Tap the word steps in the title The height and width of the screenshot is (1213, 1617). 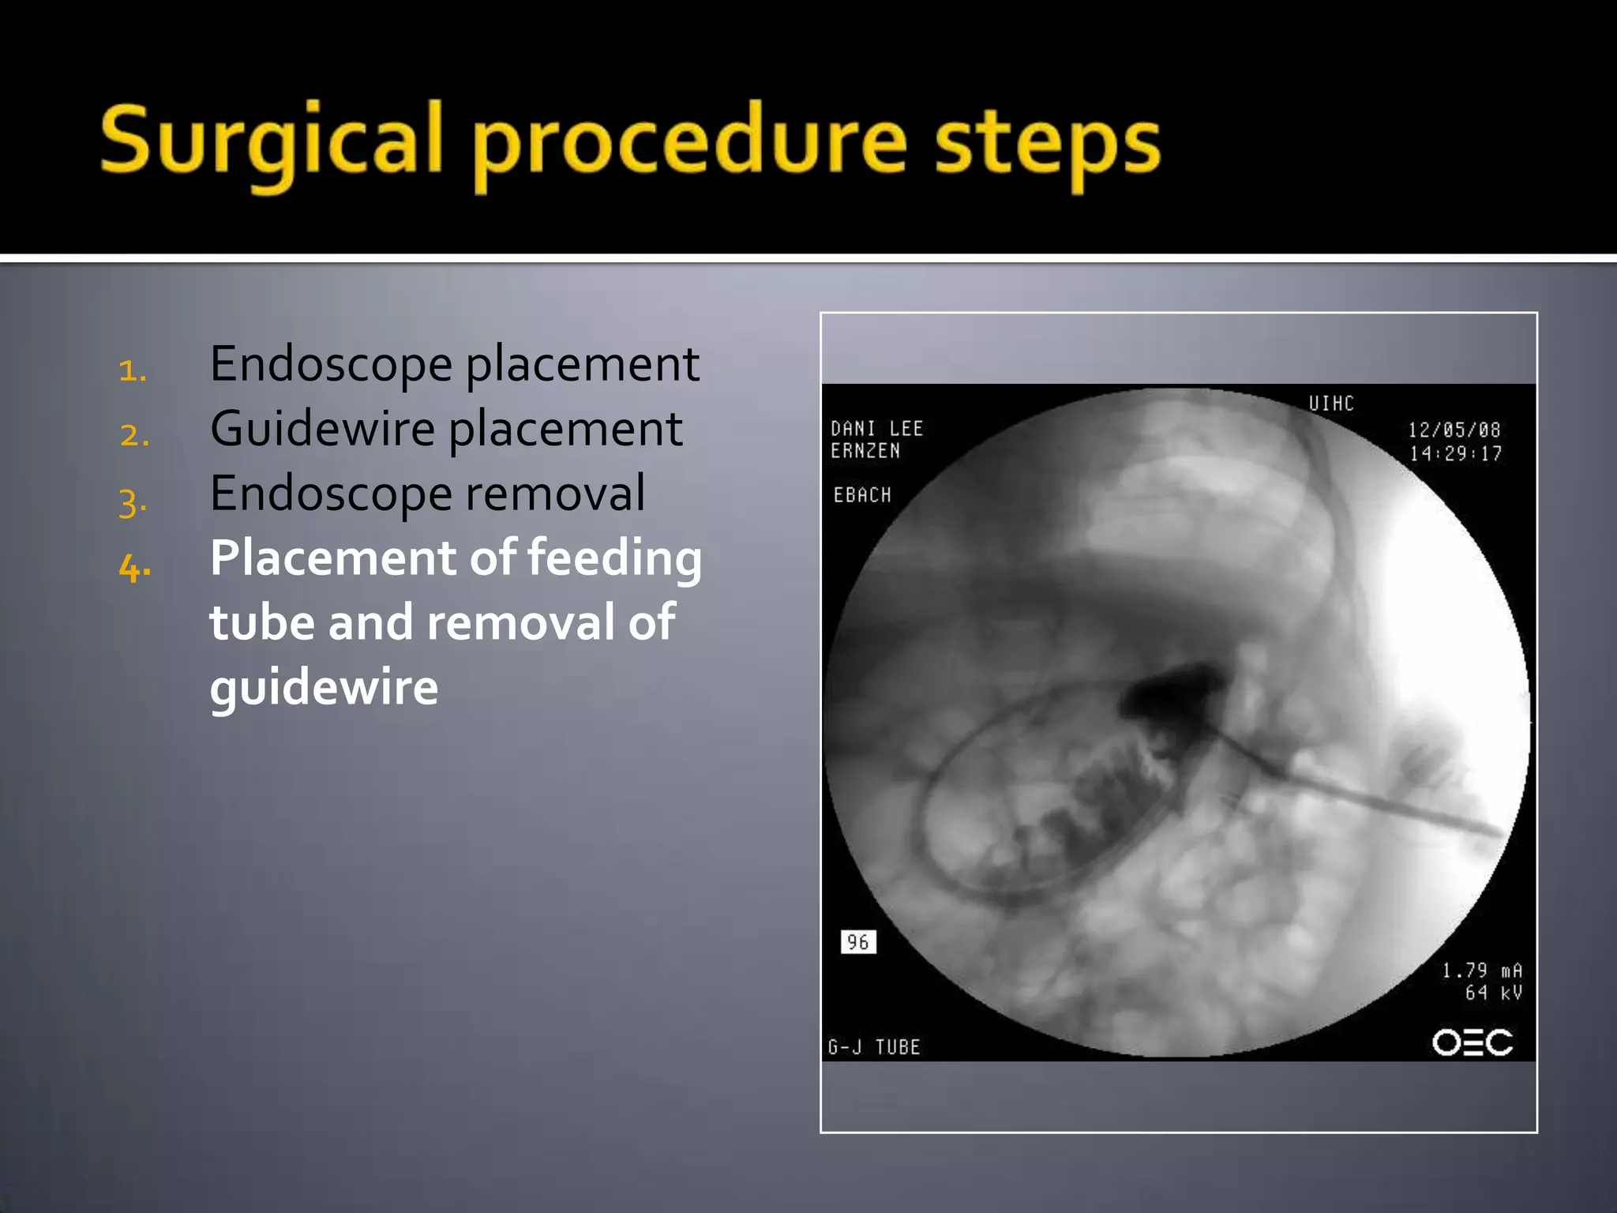pyautogui.click(x=1048, y=144)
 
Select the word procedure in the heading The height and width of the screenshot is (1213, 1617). pyautogui.click(x=690, y=144)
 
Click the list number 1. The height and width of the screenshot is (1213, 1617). pyautogui.click(x=133, y=370)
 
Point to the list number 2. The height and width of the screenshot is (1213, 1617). pyautogui.click(x=134, y=435)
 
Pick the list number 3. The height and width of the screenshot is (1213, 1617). pyautogui.click(x=133, y=502)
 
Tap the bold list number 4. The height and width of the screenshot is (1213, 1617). pyautogui.click(x=135, y=567)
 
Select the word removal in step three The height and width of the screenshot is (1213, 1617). pyautogui.click(x=555, y=494)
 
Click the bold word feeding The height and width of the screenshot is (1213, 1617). pyautogui.click(x=614, y=558)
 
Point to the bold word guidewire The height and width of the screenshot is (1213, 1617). pyautogui.click(x=324, y=687)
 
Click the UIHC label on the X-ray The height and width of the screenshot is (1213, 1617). pyautogui.click(x=1331, y=404)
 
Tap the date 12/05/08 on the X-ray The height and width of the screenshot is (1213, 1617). pyautogui.click(x=1454, y=430)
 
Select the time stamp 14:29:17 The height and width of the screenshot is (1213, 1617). pyautogui.click(x=1455, y=453)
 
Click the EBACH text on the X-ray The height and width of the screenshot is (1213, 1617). pyautogui.click(x=862, y=495)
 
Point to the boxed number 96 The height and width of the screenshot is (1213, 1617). pyautogui.click(x=858, y=941)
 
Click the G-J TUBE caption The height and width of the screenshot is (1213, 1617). pyautogui.click(x=874, y=1047)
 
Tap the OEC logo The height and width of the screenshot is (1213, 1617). pyautogui.click(x=1473, y=1042)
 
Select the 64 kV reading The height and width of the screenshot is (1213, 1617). pyautogui.click(x=1493, y=993)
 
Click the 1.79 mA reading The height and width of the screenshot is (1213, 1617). pyautogui.click(x=1482, y=970)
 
